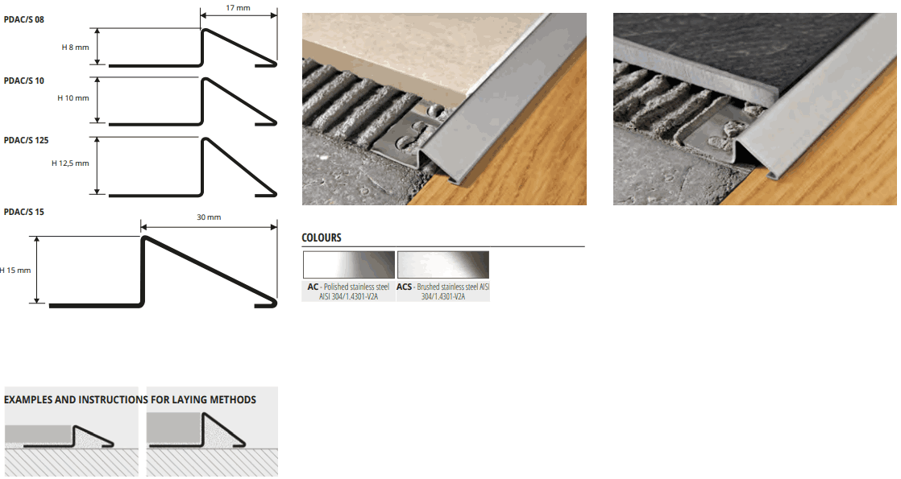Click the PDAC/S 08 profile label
pyautogui.click(x=23, y=19)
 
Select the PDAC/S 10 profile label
pyautogui.click(x=23, y=81)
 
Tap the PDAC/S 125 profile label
pyautogui.click(x=26, y=141)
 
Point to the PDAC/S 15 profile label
pyautogui.click(x=23, y=213)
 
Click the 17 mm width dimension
pyautogui.click(x=238, y=8)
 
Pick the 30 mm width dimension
pyautogui.click(x=209, y=217)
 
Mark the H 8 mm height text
pyautogui.click(x=75, y=47)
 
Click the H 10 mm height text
pyautogui.click(x=73, y=98)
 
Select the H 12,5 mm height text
pyautogui.click(x=70, y=163)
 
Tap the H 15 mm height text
pyautogui.click(x=15, y=270)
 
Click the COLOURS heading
pyautogui.click(x=322, y=237)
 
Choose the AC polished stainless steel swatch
pyautogui.click(x=349, y=265)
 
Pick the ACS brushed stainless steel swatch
pyautogui.click(x=443, y=265)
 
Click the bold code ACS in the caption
pyautogui.click(x=404, y=287)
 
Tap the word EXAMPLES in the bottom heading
pyautogui.click(x=28, y=400)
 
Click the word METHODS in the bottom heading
pyautogui.click(x=233, y=400)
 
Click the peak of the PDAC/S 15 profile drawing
pyautogui.click(x=143, y=237)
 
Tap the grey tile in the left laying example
pyautogui.click(x=39, y=434)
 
